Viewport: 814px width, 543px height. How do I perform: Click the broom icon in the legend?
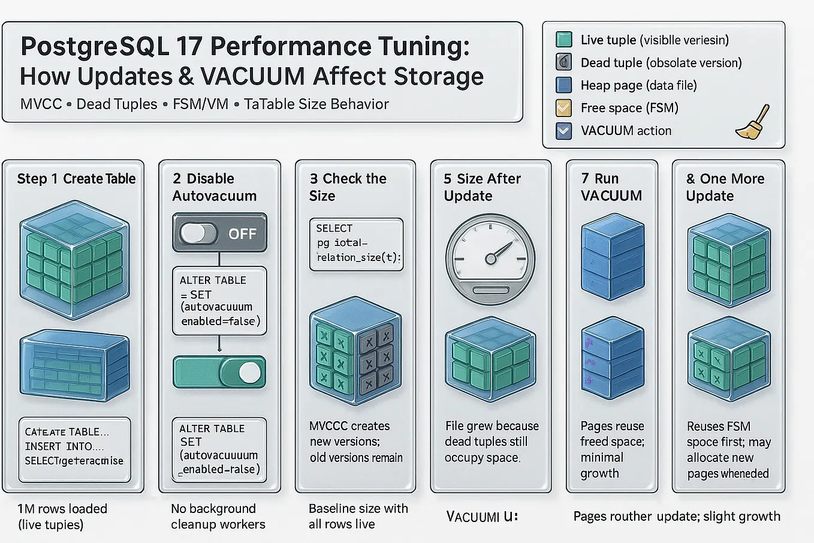753,123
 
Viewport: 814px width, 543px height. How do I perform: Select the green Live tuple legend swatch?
563,40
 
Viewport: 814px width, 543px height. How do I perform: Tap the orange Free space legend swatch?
563,108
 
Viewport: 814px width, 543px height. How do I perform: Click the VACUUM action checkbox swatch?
563,131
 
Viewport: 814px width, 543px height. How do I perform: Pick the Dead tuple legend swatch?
563,62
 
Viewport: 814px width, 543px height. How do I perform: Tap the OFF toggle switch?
219,233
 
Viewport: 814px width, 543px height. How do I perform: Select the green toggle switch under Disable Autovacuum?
219,373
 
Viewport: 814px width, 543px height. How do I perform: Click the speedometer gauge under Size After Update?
490,259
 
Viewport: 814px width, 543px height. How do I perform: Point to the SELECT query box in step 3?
356,244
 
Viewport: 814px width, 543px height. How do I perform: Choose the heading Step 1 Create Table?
76,179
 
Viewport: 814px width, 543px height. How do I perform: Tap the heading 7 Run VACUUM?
611,187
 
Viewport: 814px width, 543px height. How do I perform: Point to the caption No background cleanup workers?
218,517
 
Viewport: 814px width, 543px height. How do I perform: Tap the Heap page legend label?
638,85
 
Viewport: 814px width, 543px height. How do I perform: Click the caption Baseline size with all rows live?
358,516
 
